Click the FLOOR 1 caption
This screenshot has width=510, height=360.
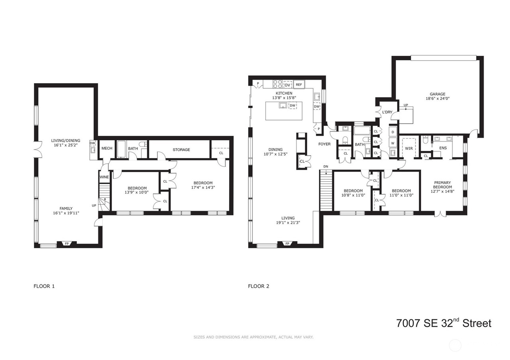pyautogui.click(x=44, y=286)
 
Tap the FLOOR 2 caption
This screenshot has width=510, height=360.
pyautogui.click(x=259, y=286)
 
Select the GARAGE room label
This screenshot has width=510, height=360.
pyautogui.click(x=437, y=94)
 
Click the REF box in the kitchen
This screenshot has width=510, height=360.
pyautogui.click(x=299, y=84)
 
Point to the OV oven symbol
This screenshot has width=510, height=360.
pyautogui.click(x=288, y=85)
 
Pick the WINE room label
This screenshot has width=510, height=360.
pyautogui.click(x=104, y=177)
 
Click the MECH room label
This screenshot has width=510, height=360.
pyautogui.click(x=107, y=149)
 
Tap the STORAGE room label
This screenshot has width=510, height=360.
pyautogui.click(x=181, y=149)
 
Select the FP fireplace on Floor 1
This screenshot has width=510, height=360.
pyautogui.click(x=67, y=244)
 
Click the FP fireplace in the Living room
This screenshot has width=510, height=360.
pyautogui.click(x=287, y=244)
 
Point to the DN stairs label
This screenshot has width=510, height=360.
pyautogui.click(x=326, y=166)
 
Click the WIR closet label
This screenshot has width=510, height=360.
pyautogui.click(x=409, y=149)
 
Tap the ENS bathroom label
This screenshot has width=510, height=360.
pyautogui.click(x=443, y=148)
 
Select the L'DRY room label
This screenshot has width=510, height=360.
pyautogui.click(x=387, y=112)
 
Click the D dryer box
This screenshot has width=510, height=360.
pyautogui.click(x=393, y=132)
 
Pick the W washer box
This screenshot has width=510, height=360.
pyautogui.click(x=393, y=143)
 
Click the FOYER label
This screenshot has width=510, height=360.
pyautogui.click(x=324, y=144)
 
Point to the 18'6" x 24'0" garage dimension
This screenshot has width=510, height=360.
pyautogui.click(x=437, y=98)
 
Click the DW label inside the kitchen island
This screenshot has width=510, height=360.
pyautogui.click(x=292, y=106)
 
